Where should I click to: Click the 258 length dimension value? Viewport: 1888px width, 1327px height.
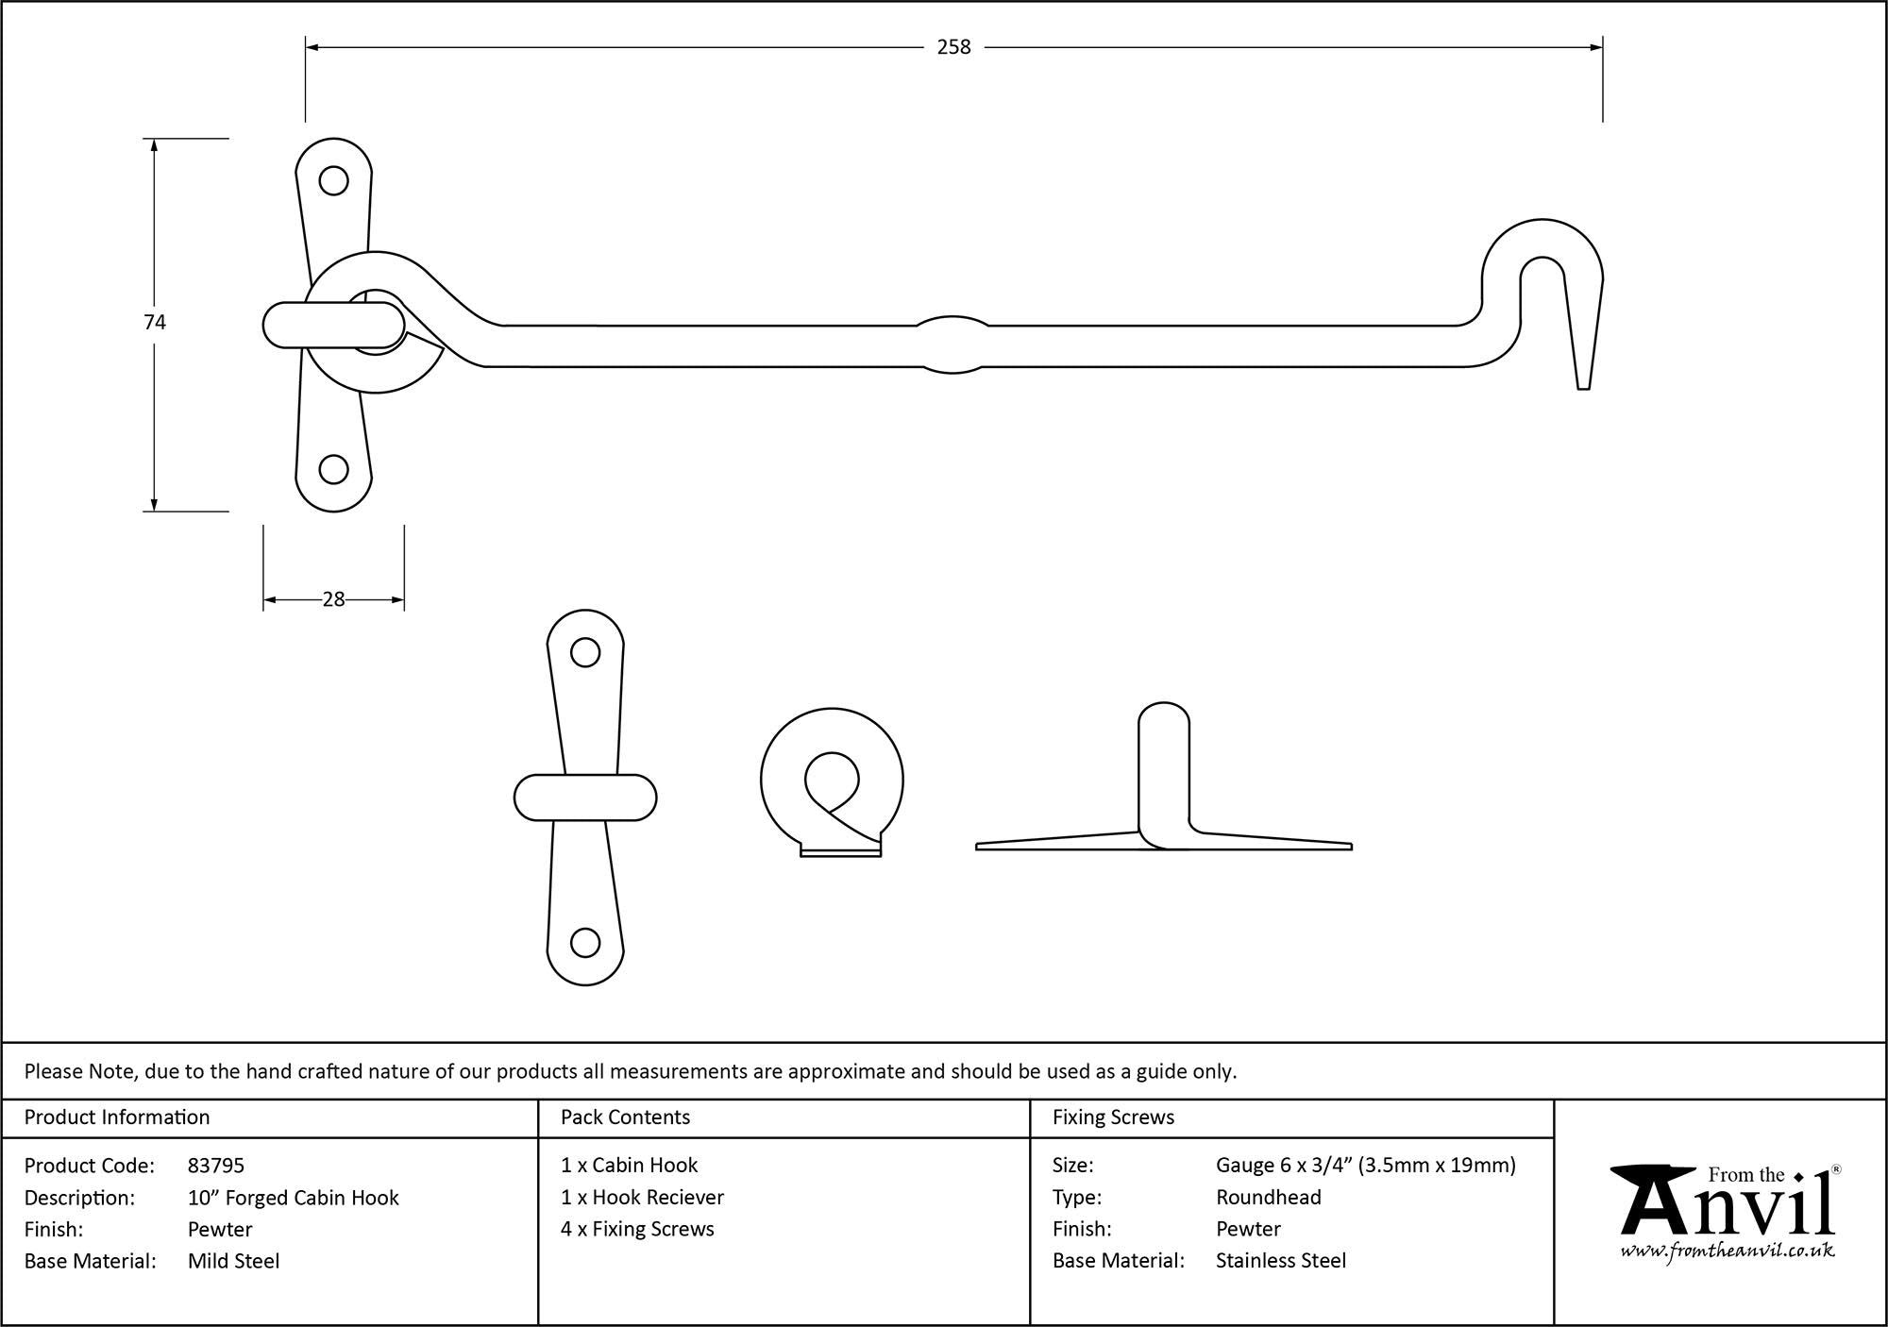coord(953,47)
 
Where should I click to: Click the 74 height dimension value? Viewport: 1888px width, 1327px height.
coord(155,323)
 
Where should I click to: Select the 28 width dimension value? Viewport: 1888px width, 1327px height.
coord(333,599)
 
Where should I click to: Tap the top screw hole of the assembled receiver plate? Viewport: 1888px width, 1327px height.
coord(333,180)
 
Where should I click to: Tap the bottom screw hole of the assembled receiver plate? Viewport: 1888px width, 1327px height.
coord(333,469)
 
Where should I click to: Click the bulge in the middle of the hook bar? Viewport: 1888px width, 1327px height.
coord(952,344)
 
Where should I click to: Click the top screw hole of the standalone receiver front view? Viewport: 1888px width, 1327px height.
coord(585,652)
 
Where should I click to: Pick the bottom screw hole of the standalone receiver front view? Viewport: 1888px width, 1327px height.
coord(585,942)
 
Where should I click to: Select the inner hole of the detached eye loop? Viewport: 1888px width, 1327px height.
coord(832,780)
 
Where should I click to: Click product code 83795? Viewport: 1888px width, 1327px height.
coord(216,1166)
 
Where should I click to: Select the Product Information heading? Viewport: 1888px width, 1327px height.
coord(117,1117)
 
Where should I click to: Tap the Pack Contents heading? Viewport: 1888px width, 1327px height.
coord(625,1117)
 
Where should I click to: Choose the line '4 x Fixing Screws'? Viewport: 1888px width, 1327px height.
coord(637,1229)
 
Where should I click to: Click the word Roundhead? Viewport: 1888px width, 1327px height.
coord(1268,1198)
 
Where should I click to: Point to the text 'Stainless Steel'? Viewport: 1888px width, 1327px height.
coord(1280,1261)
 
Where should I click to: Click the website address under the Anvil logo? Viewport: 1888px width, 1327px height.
coord(1728,1251)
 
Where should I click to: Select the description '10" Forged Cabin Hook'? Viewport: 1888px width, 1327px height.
coord(293,1198)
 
